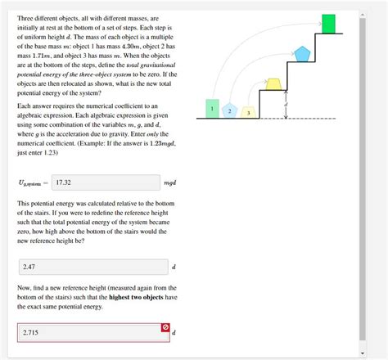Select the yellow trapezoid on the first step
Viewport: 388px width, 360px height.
tap(274, 81)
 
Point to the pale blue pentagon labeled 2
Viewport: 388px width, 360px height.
tap(230, 110)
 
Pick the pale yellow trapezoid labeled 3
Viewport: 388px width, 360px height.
tap(248, 111)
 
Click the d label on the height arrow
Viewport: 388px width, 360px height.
tap(286, 105)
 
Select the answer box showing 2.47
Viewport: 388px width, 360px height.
tap(92, 267)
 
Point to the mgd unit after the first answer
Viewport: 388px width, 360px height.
tap(170, 184)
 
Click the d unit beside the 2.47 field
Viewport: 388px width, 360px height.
tap(174, 268)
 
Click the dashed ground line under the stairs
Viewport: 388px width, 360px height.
tap(278, 119)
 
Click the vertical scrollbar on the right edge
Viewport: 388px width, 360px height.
tap(363, 180)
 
